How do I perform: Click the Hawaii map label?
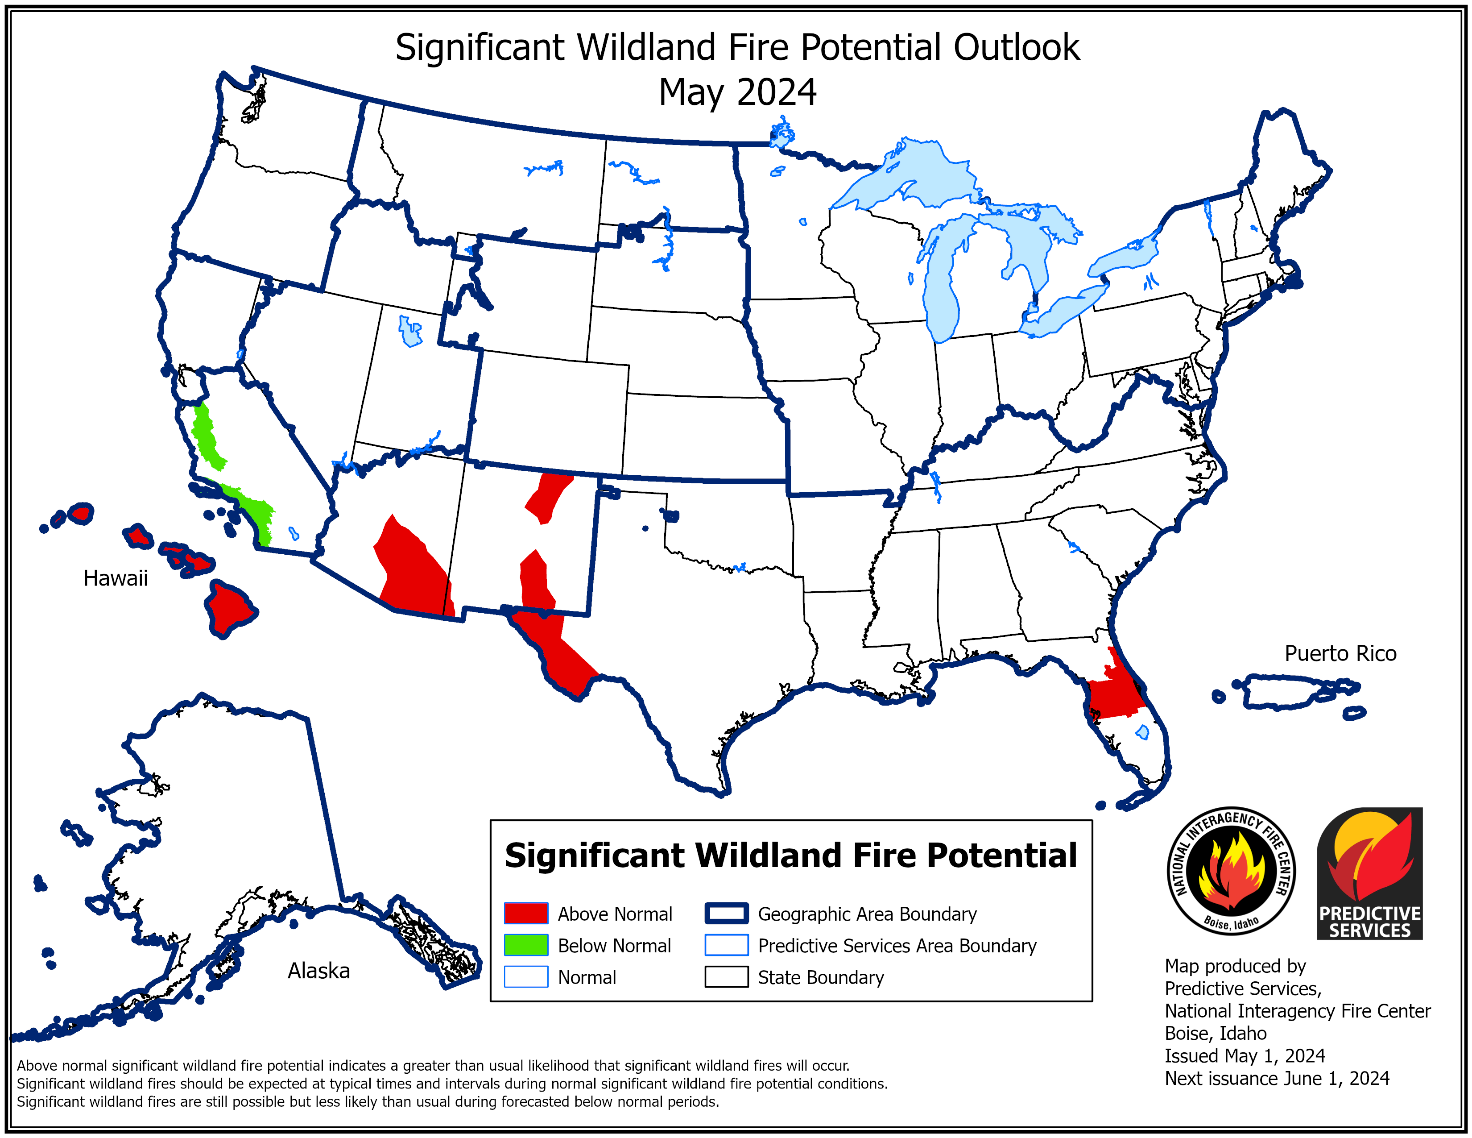click(115, 578)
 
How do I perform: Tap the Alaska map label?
click(319, 971)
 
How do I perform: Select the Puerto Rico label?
click(1340, 653)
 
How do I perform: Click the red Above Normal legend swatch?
click(526, 914)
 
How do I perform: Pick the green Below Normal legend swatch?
click(526, 945)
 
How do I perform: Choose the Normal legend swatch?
click(526, 977)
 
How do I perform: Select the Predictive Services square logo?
click(1369, 873)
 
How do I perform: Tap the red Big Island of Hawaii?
click(229, 607)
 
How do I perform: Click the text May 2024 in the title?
click(737, 92)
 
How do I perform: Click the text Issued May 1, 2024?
click(1244, 1056)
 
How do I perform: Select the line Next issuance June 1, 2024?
click(1277, 1079)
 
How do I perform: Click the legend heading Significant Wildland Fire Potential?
click(790, 856)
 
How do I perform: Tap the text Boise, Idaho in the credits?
click(1215, 1034)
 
